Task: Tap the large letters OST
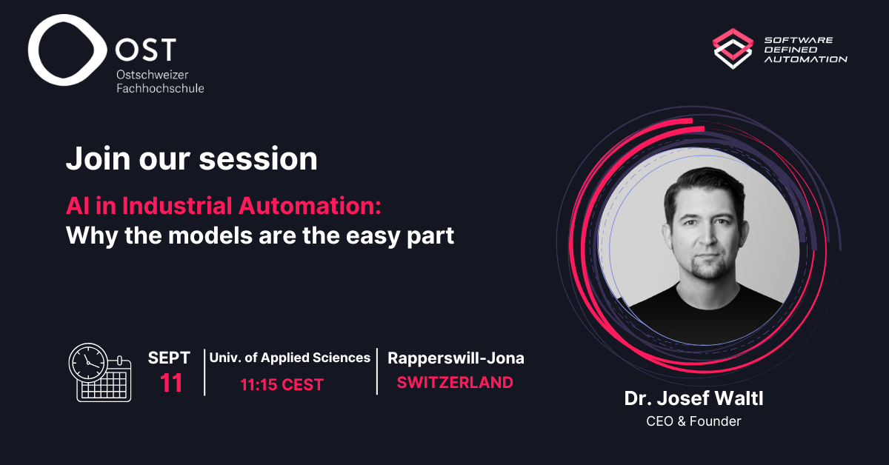(145, 50)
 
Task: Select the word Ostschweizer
(153, 75)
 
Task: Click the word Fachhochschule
(160, 88)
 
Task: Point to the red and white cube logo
(733, 49)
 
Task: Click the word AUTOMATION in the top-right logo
(806, 59)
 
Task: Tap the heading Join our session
(192, 158)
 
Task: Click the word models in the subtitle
(210, 235)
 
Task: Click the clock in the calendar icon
(88, 363)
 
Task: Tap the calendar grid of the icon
(105, 385)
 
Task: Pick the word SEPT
(169, 358)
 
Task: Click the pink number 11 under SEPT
(171, 383)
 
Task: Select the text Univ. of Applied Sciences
(290, 358)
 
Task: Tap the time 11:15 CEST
(282, 384)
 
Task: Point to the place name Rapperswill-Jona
(456, 358)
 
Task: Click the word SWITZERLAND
(455, 383)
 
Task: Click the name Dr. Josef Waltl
(693, 398)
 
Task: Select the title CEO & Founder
(693, 421)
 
